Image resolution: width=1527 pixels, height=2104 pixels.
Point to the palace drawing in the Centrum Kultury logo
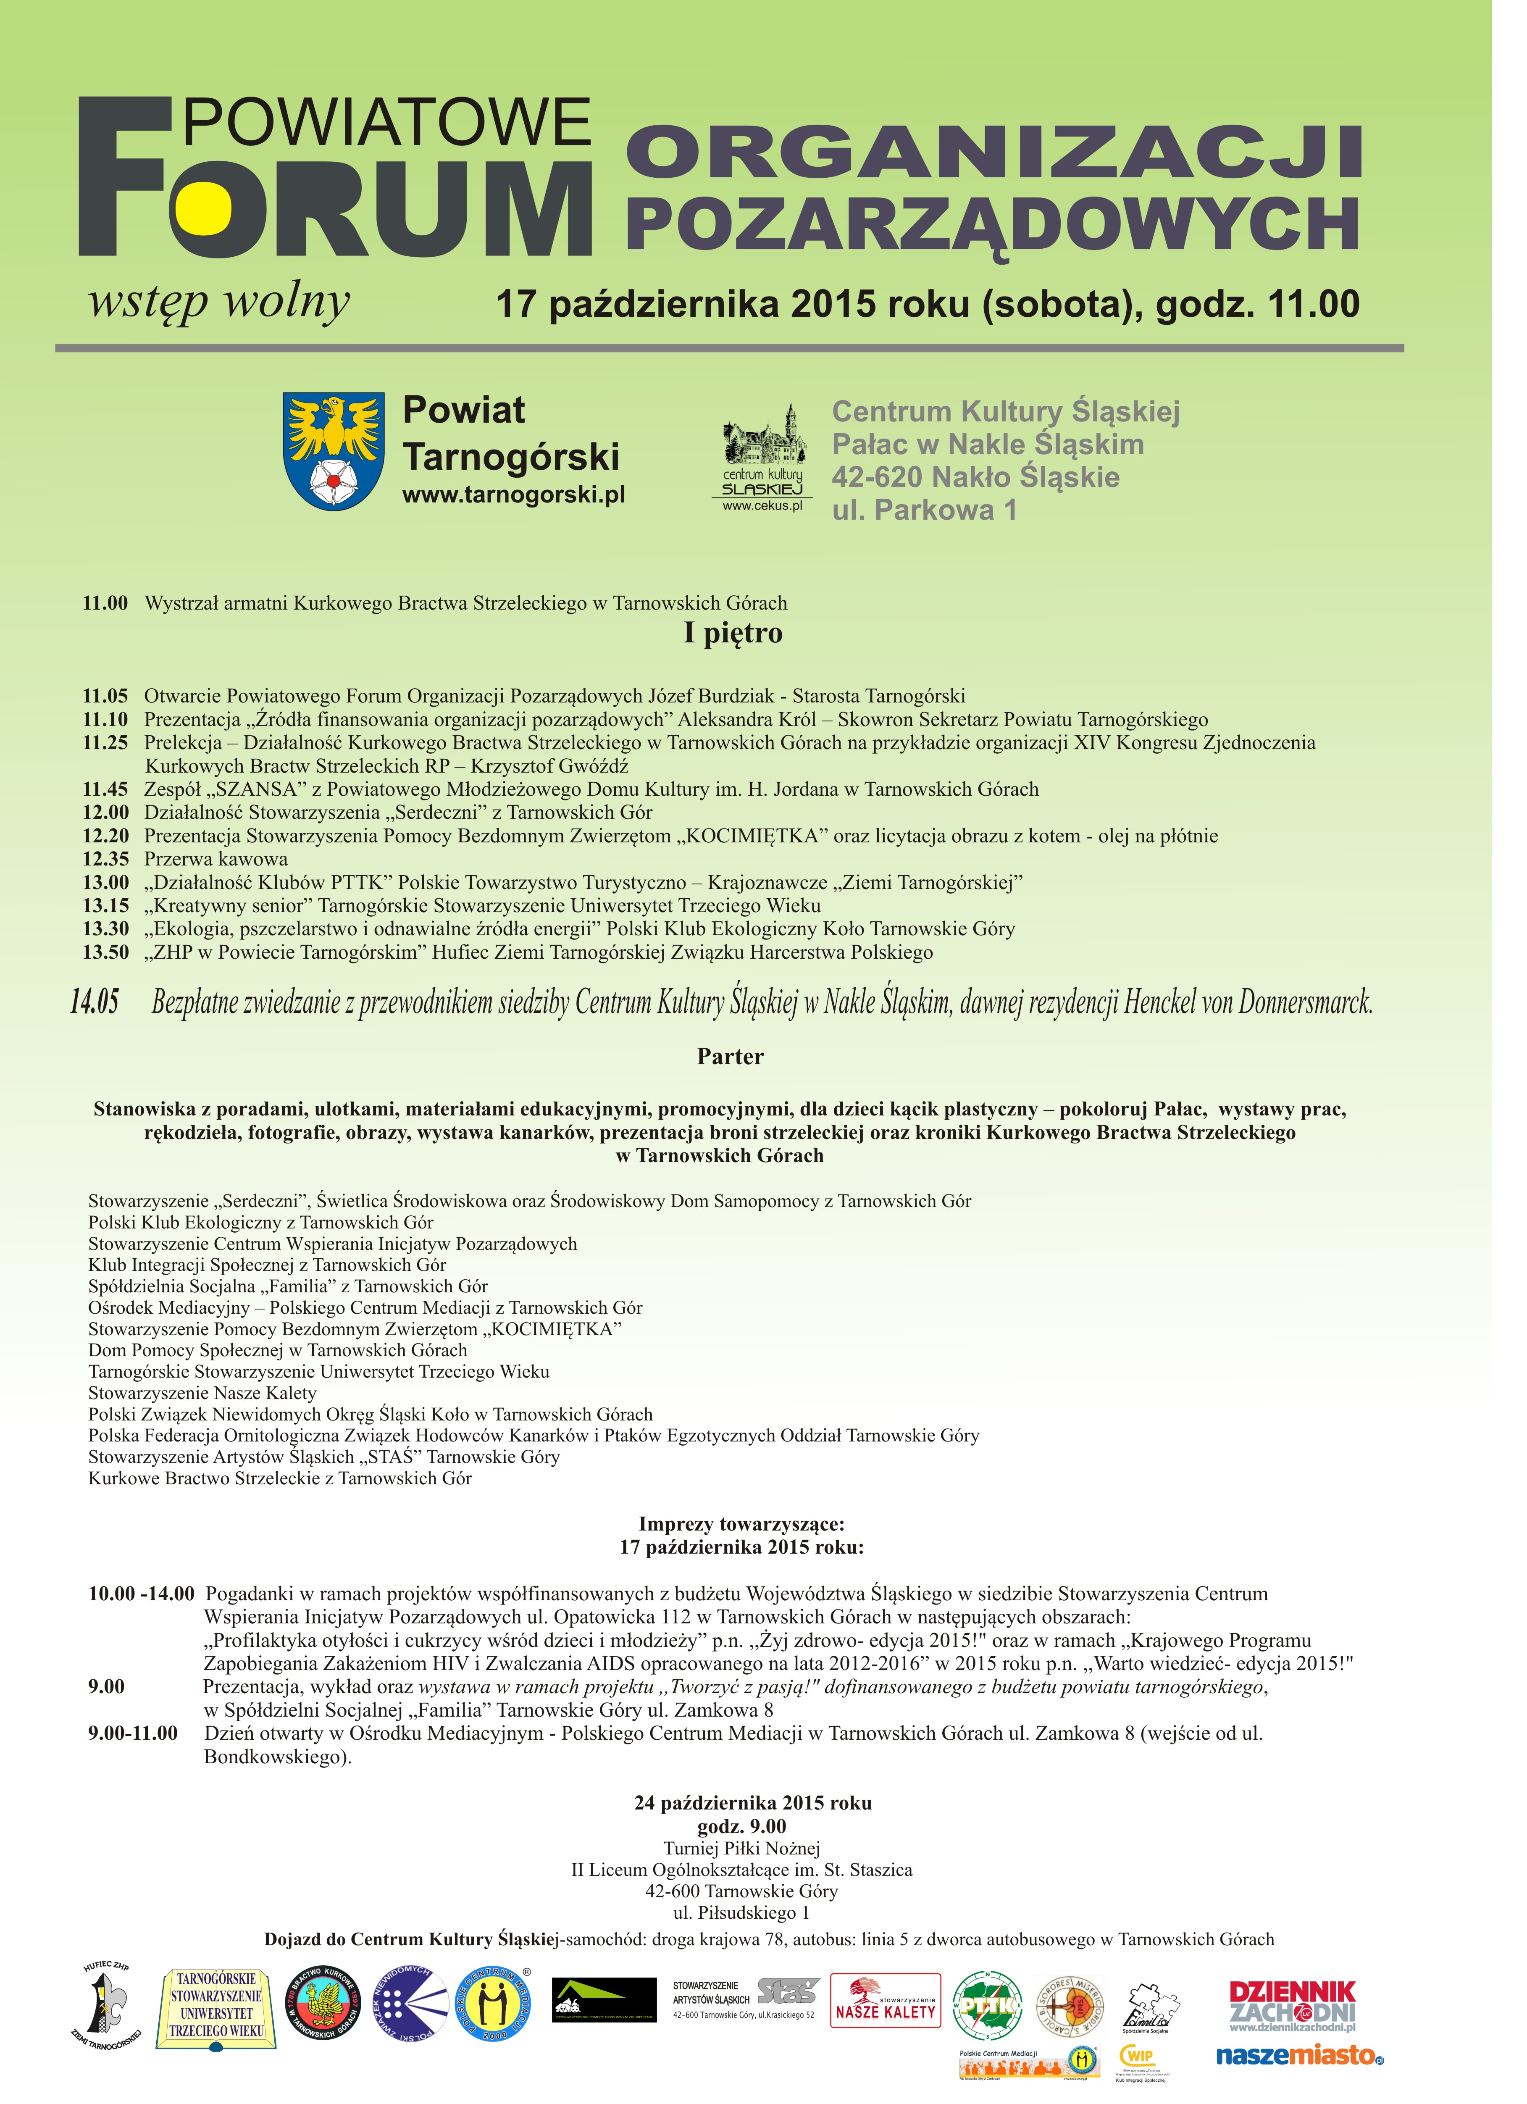[765, 441]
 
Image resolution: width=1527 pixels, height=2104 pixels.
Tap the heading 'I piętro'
[733, 634]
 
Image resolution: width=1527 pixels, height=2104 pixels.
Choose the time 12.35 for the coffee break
[106, 859]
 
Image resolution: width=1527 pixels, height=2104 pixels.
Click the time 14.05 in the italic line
[95, 1002]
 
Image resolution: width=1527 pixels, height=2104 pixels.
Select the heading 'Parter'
[730, 1057]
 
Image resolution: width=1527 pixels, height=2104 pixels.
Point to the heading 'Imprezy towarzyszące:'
[741, 1524]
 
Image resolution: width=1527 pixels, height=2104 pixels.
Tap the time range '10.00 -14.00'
[141, 1594]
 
